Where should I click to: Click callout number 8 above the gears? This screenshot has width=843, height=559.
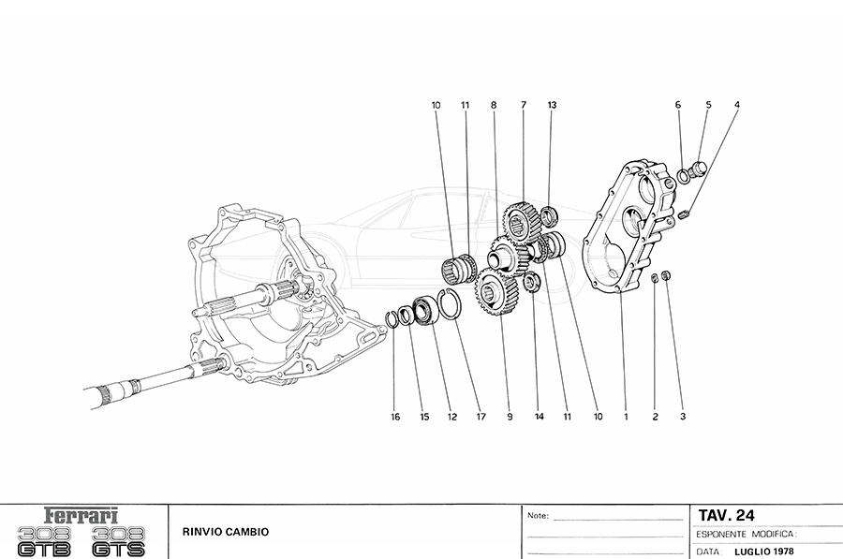pyautogui.click(x=493, y=106)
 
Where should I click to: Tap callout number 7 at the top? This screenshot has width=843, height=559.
pyautogui.click(x=523, y=106)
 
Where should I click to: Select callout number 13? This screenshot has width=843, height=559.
pyautogui.click(x=553, y=106)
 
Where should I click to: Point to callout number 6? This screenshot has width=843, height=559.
pyautogui.click(x=677, y=106)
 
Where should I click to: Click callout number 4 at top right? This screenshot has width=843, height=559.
pyautogui.click(x=736, y=106)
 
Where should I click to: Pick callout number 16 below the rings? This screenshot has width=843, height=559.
pyautogui.click(x=395, y=417)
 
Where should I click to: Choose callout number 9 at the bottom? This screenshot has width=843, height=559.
pyautogui.click(x=510, y=417)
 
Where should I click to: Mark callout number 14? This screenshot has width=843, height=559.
pyautogui.click(x=538, y=417)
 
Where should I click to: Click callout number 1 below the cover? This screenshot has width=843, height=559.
pyautogui.click(x=626, y=417)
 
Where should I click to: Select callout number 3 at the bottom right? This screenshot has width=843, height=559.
pyautogui.click(x=683, y=417)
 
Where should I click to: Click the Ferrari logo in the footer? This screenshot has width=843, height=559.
pyautogui.click(x=82, y=516)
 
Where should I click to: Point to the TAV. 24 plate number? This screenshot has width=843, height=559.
pyautogui.click(x=726, y=515)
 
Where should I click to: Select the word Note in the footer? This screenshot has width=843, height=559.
pyautogui.click(x=538, y=516)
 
